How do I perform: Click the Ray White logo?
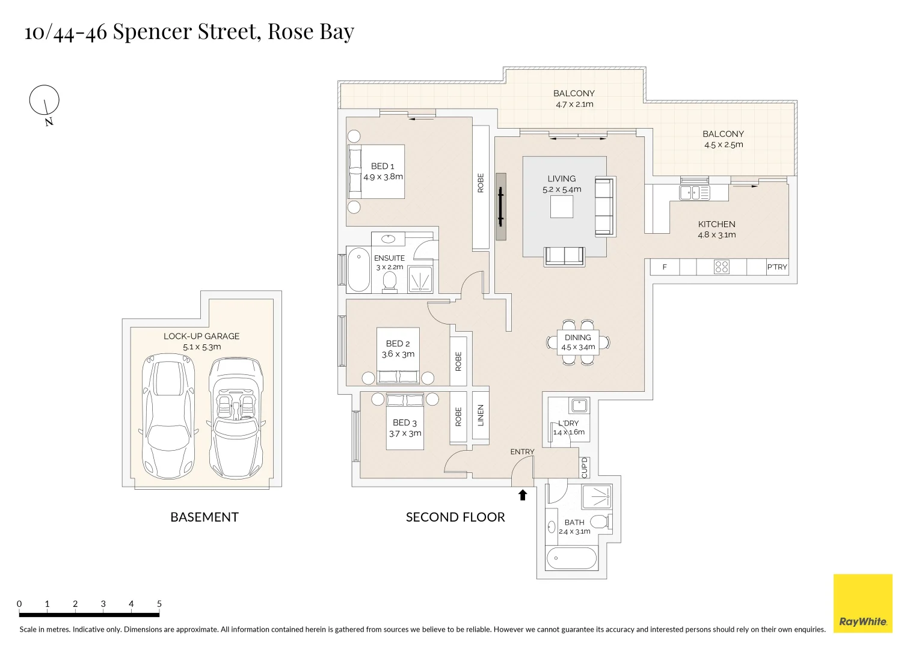(x=862, y=603)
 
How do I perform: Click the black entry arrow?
(x=523, y=495)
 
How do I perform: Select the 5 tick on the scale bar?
(x=159, y=605)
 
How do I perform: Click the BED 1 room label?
(x=383, y=166)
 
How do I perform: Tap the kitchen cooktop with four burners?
(x=721, y=267)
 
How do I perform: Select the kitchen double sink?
(x=694, y=193)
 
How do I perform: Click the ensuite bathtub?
(x=359, y=270)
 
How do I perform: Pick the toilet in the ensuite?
(x=390, y=281)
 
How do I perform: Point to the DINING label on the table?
(x=577, y=338)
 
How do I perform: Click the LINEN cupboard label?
(x=481, y=415)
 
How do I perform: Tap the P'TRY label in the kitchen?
(x=776, y=267)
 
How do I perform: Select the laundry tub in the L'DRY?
(x=579, y=405)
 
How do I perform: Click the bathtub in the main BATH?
(x=571, y=558)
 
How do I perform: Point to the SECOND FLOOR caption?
(x=455, y=517)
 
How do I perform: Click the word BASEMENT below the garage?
(x=204, y=517)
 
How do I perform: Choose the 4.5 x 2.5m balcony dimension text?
(x=724, y=145)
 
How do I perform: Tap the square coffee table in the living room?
(x=562, y=207)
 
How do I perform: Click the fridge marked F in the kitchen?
(x=665, y=267)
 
